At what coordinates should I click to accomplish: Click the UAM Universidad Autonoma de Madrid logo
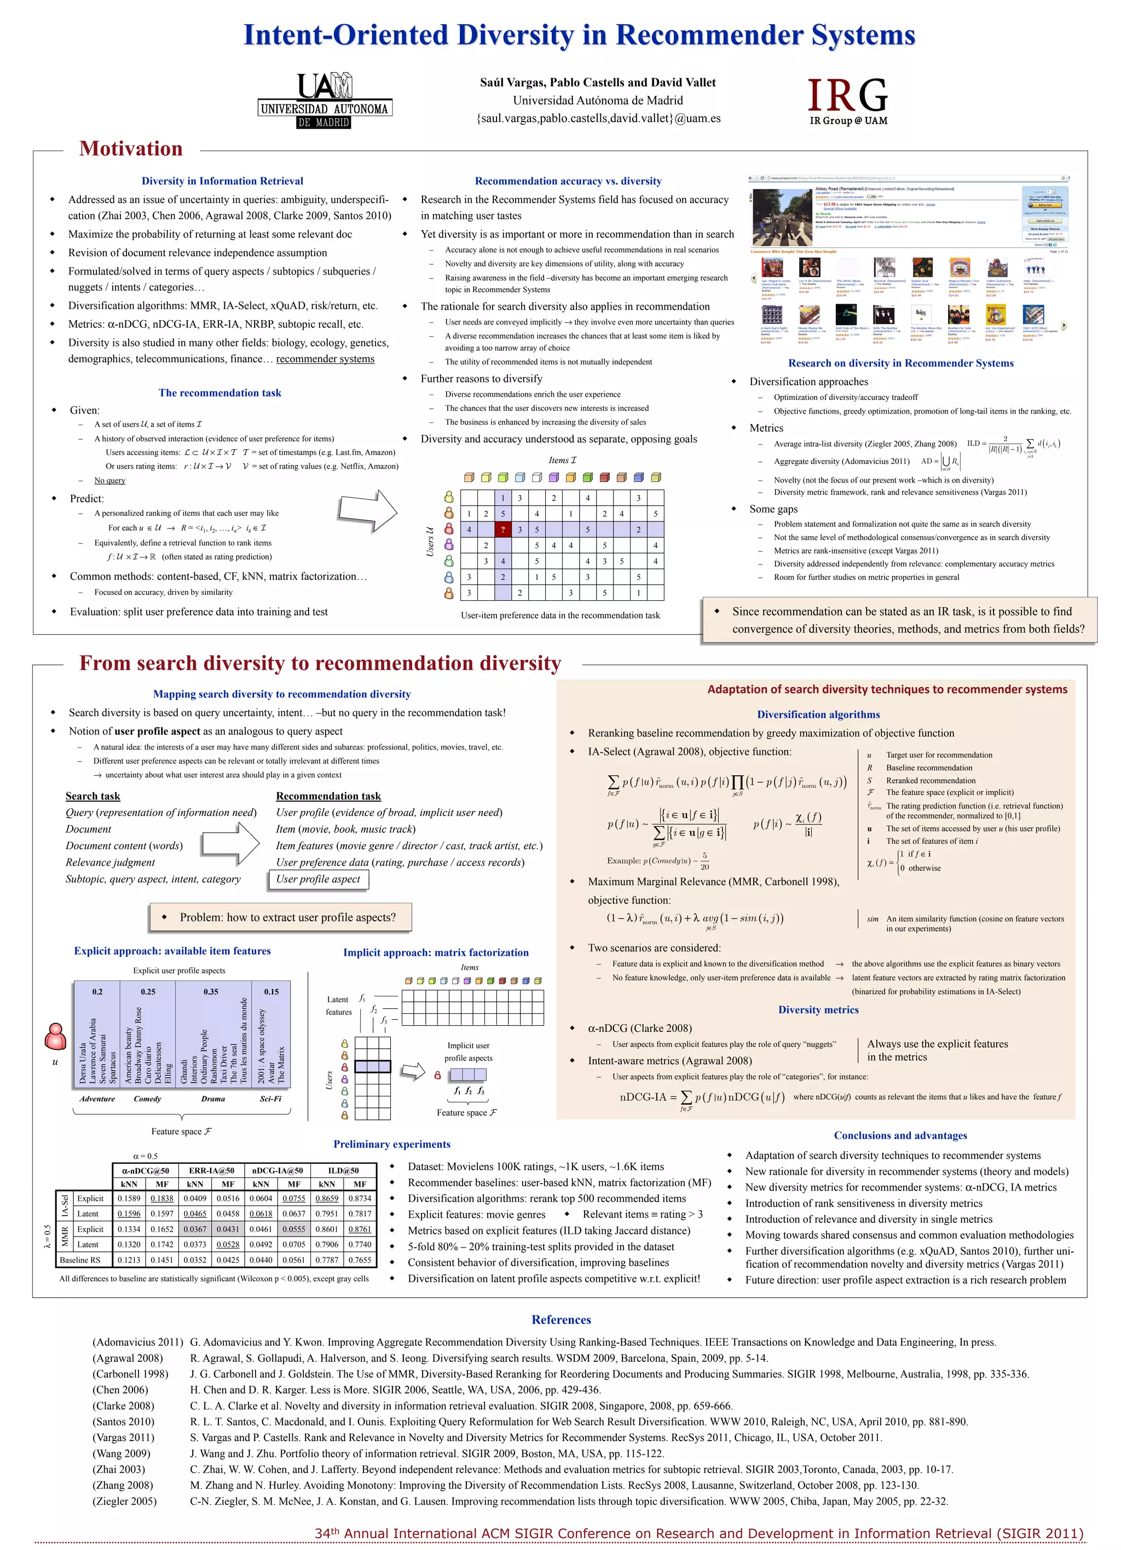(x=325, y=101)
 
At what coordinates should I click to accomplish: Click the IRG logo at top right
(x=847, y=101)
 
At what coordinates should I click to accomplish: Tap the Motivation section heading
(x=131, y=148)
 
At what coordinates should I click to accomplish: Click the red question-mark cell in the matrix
(x=502, y=529)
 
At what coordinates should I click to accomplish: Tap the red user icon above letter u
(x=55, y=1036)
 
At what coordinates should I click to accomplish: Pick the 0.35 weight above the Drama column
(x=211, y=991)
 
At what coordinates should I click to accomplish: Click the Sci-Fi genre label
(x=271, y=1098)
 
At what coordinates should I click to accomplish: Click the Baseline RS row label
(x=80, y=1259)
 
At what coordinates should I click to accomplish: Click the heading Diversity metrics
(x=818, y=1009)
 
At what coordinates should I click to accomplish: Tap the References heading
(x=561, y=1319)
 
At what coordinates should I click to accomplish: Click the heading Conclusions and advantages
(x=900, y=1135)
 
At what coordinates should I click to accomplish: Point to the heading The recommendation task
(x=219, y=392)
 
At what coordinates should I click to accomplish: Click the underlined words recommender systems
(x=325, y=359)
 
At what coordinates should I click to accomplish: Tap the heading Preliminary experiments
(x=392, y=1144)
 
